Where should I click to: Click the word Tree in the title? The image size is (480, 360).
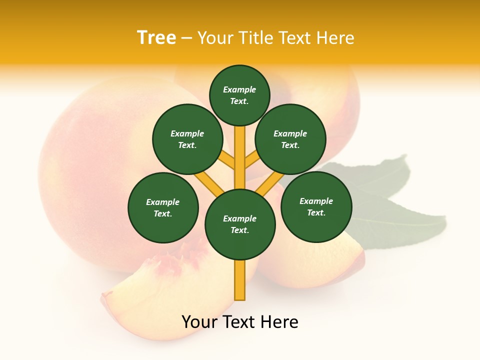156,37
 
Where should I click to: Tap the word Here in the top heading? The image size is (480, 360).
335,38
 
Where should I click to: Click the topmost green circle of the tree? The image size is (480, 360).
239,95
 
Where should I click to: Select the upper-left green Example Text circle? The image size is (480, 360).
187,139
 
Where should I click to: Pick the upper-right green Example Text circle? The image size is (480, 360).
290,139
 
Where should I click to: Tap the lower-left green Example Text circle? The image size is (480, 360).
163,207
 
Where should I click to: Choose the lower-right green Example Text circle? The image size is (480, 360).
316,206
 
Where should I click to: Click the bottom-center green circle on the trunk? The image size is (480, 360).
240,224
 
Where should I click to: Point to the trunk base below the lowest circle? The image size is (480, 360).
240,280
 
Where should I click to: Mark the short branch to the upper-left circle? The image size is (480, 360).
228,160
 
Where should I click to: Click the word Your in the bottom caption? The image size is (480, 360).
199,322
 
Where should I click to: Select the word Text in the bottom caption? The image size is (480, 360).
239,322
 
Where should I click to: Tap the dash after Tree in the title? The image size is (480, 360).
186,38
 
